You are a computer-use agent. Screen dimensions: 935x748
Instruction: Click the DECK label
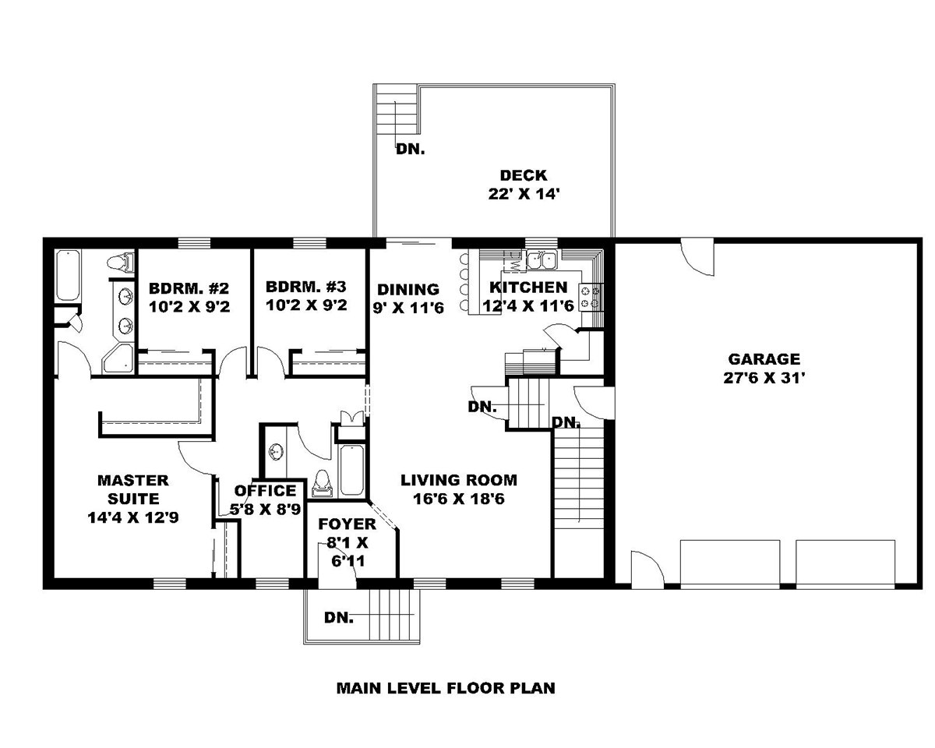[523, 175]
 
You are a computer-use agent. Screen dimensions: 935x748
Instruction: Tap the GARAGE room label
[764, 359]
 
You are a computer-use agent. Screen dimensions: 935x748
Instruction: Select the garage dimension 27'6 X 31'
[764, 378]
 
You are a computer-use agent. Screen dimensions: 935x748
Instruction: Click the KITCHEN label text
[528, 288]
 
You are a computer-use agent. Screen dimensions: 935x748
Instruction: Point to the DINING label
[408, 290]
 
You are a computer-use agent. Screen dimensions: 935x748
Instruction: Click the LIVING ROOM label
[459, 480]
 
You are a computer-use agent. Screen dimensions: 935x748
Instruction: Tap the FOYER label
[348, 524]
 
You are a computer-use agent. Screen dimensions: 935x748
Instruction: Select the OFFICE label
[265, 491]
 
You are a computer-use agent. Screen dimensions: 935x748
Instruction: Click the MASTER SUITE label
[133, 489]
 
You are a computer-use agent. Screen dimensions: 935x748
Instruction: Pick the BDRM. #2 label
[189, 288]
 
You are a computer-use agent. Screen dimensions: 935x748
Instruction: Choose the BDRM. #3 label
[306, 287]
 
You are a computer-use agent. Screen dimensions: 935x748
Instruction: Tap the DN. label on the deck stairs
[410, 150]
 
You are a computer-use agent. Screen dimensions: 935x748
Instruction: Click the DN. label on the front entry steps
[338, 618]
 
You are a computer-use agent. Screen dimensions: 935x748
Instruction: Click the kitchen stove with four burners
[591, 298]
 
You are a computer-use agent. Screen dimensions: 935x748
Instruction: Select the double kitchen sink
[542, 260]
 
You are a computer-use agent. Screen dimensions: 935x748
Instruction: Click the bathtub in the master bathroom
[69, 275]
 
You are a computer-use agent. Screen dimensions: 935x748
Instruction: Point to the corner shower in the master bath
[118, 358]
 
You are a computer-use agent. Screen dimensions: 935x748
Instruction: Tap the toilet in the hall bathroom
[323, 484]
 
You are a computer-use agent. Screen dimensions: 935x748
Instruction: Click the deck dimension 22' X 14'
[523, 194]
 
